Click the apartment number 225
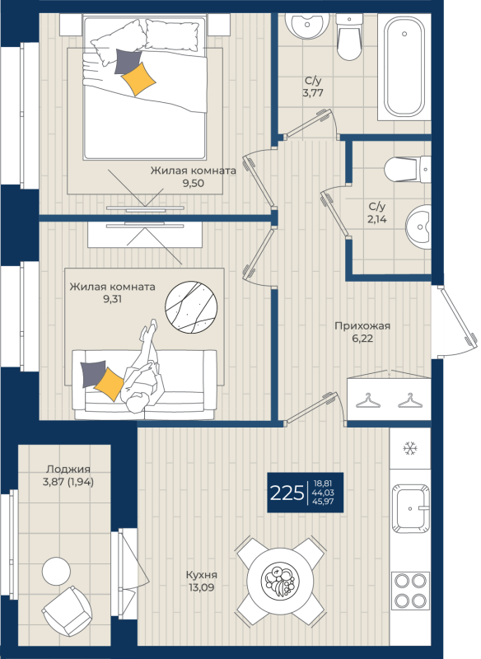click(287, 493)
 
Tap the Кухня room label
click(202, 574)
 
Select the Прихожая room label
click(362, 325)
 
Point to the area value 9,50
click(194, 183)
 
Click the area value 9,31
click(112, 299)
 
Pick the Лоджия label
click(68, 469)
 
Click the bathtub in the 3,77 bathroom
click(404, 66)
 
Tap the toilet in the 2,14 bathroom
click(408, 169)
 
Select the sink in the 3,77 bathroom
click(307, 26)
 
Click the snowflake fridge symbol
click(410, 448)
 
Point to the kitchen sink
click(411, 508)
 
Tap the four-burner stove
click(410, 591)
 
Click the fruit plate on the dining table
click(280, 581)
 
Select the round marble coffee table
click(191, 306)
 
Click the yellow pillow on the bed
click(138, 78)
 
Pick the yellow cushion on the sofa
click(109, 384)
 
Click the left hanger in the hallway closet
click(368, 400)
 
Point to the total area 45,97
click(323, 501)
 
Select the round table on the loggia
click(56, 571)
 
